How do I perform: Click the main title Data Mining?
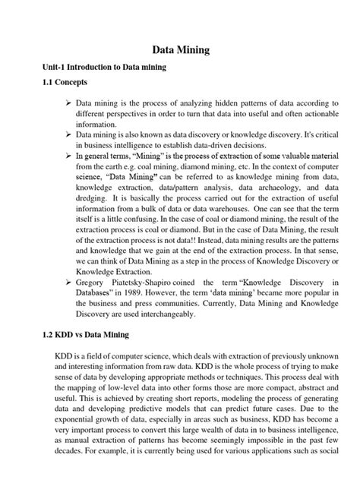(x=180, y=50)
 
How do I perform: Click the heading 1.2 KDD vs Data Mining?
(x=87, y=334)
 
